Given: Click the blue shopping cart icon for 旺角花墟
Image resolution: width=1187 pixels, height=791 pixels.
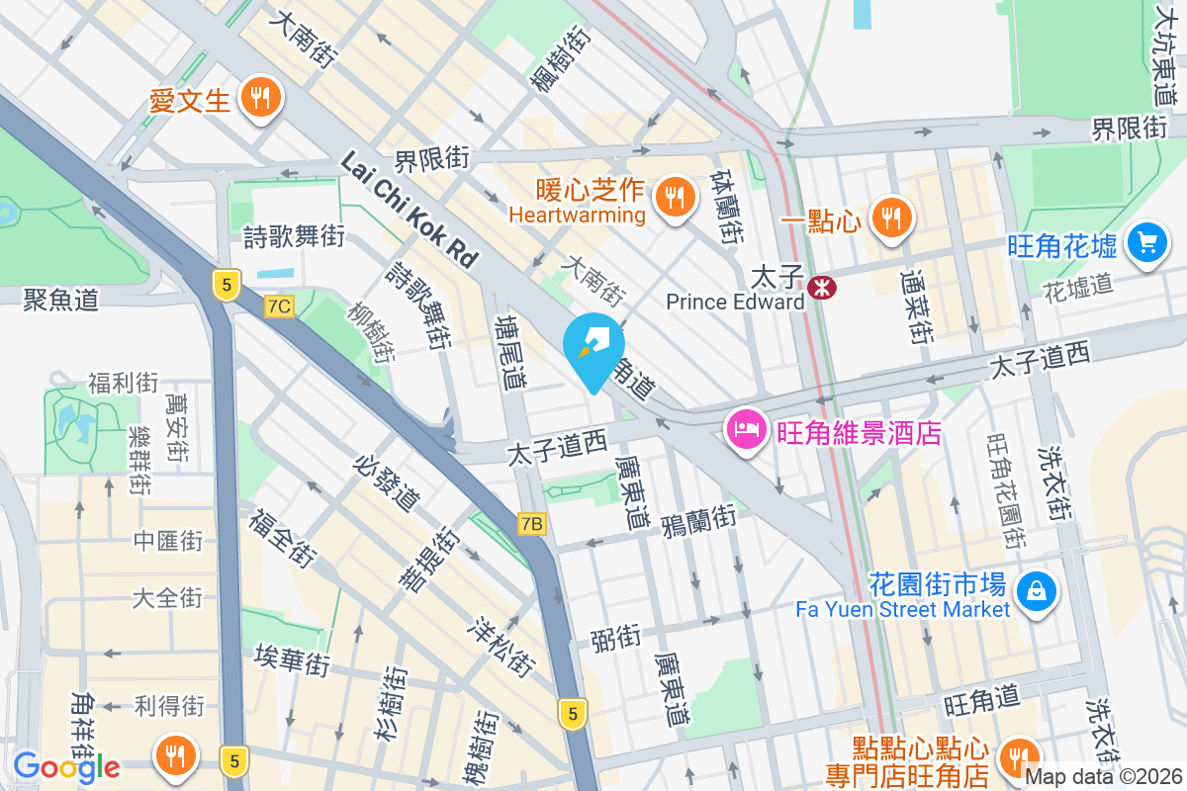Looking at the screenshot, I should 1147,240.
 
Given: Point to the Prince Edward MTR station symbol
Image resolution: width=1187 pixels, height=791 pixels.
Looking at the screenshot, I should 821,287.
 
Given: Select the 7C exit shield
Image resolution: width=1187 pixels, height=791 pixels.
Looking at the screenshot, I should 279,307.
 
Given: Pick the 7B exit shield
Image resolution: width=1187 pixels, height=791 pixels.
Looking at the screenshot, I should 531,523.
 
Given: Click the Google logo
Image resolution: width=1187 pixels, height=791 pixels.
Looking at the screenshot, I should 66,766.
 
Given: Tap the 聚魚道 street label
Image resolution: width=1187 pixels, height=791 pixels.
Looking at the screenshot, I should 61,300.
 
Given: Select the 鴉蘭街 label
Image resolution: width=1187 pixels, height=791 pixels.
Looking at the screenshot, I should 699,517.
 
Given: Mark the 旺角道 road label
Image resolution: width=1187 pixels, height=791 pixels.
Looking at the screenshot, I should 981,701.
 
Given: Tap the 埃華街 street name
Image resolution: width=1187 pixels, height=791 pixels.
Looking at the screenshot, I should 292,659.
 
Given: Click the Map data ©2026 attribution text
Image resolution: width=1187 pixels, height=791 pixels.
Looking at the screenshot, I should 1104,777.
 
